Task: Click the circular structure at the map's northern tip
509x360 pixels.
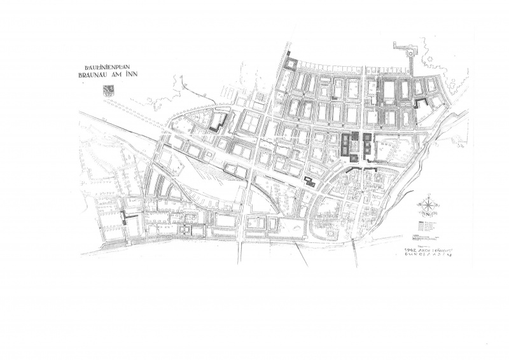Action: point(411,54)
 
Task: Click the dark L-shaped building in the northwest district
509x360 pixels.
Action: point(220,122)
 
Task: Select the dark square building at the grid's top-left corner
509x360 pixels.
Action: point(291,64)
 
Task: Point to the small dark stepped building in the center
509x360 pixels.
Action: point(309,181)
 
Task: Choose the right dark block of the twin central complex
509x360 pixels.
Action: point(366,146)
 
